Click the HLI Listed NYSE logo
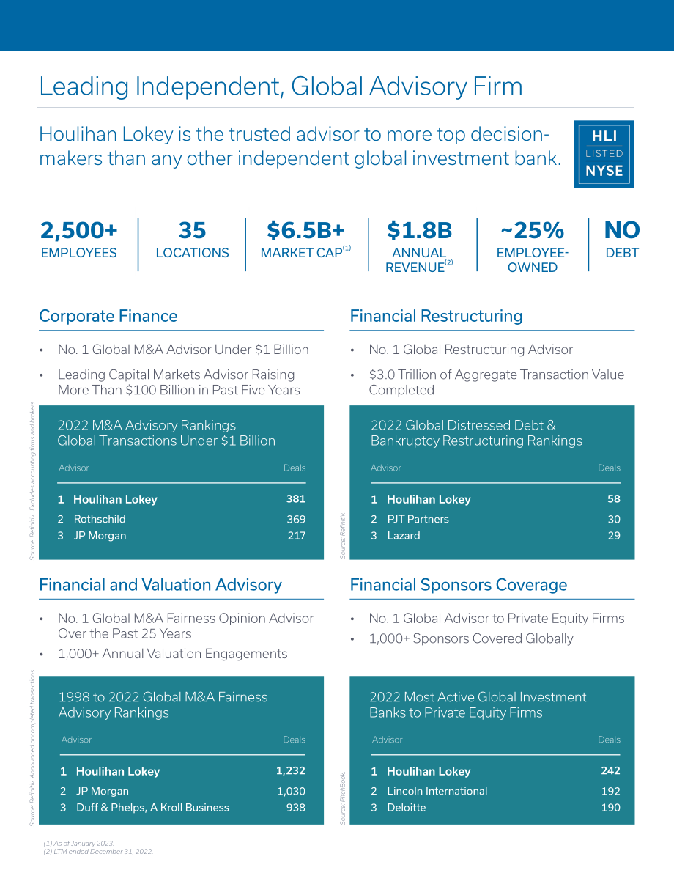(x=604, y=154)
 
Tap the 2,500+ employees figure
(x=79, y=230)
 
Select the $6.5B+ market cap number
(x=305, y=230)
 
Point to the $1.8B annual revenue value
(x=420, y=230)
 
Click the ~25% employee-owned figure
(x=532, y=230)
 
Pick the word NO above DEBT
(x=622, y=230)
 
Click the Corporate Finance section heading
(x=108, y=316)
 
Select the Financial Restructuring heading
(x=437, y=316)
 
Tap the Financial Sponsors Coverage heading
(x=459, y=585)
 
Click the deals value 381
(x=295, y=499)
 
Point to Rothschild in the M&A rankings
(x=100, y=519)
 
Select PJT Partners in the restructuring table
(x=418, y=519)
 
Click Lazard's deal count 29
(x=614, y=536)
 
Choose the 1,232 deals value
(x=291, y=770)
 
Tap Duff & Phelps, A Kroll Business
(x=152, y=807)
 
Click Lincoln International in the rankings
(x=437, y=791)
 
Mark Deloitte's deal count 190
(x=610, y=807)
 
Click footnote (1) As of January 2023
(x=78, y=844)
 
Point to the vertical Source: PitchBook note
(x=343, y=798)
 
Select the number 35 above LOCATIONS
(x=192, y=230)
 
